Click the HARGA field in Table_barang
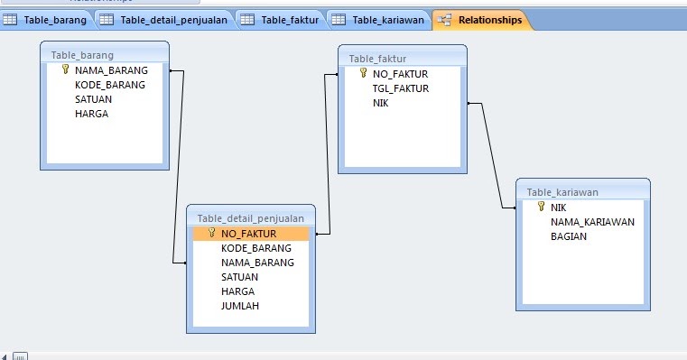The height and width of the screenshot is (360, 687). point(92,114)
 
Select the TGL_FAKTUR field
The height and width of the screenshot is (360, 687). point(400,88)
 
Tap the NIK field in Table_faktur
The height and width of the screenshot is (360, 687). point(381,103)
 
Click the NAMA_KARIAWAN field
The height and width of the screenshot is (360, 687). point(592,222)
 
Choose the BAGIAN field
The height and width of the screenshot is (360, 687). point(569,236)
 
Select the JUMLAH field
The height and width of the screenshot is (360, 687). point(239,306)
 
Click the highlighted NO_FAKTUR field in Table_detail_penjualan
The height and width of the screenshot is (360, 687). point(248,233)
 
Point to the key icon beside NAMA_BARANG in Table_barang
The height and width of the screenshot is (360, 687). point(65,69)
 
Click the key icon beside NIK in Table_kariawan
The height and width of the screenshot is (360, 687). point(541,207)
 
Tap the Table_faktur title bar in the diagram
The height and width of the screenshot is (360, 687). point(403,59)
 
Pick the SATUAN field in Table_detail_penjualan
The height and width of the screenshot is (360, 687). point(239,277)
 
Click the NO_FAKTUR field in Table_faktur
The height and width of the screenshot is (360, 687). point(400,74)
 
